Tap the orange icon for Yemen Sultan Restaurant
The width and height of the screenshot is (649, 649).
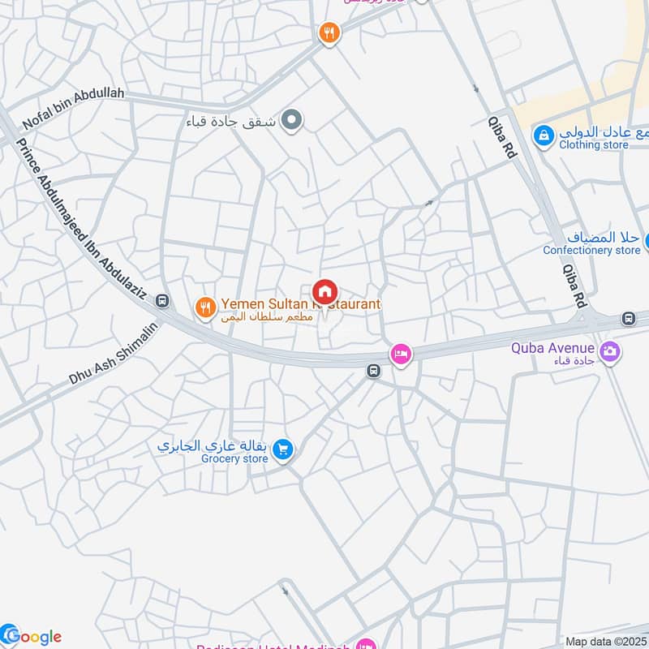point(205,307)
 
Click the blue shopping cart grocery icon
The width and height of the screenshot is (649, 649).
point(282,449)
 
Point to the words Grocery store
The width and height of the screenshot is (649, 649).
point(234,459)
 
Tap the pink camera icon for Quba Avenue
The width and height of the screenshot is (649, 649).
point(610,351)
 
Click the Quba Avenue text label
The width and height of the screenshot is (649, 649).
point(552,349)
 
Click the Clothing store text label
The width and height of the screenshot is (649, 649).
point(593,144)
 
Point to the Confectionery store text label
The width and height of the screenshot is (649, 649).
point(591,250)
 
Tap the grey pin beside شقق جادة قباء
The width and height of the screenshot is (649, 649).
point(294,122)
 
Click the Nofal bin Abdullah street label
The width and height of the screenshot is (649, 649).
point(74,108)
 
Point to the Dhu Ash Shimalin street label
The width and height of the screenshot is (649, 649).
point(113,355)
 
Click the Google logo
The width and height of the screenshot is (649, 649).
point(32,636)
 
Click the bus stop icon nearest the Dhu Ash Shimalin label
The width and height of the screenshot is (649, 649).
point(163,302)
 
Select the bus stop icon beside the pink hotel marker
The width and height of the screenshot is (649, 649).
point(373,372)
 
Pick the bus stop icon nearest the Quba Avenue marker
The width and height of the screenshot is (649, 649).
point(628,318)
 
